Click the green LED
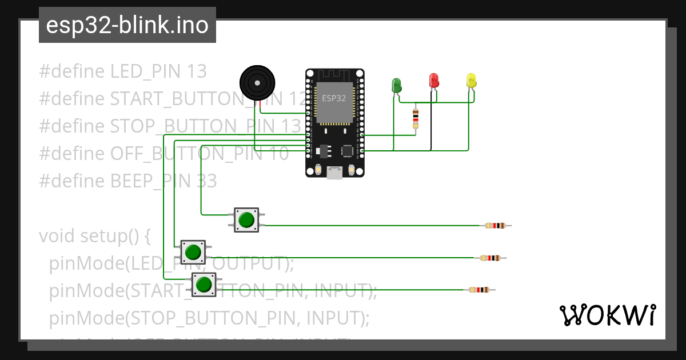pos(396,85)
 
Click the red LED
pos(434,80)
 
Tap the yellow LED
pos(471,81)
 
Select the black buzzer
pos(257,83)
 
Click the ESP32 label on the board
pos(334,98)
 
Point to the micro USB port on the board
pos(334,172)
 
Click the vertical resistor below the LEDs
pos(416,119)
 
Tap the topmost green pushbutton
pos(246,220)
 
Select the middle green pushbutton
pos(193,252)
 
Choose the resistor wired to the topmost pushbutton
pos(495,226)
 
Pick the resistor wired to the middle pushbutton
pos(490,258)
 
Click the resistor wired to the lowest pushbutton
pos(479,290)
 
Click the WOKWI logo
pos(607,315)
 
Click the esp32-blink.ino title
pos(127,25)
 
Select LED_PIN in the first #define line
pos(146,71)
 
